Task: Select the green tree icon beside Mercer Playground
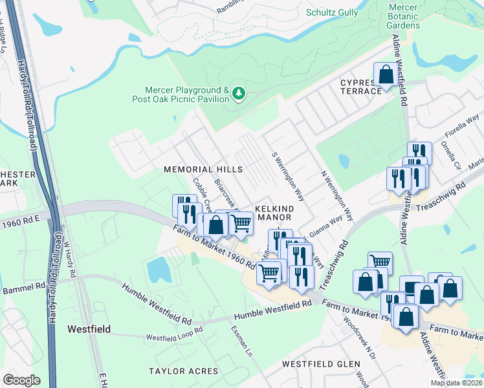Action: point(239,94)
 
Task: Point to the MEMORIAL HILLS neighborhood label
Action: point(203,169)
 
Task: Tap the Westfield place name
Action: point(89,329)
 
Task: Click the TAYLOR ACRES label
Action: point(177,371)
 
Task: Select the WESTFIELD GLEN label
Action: point(322,364)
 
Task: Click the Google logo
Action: point(21,380)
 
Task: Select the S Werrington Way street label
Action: point(288,176)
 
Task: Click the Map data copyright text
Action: point(456,383)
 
